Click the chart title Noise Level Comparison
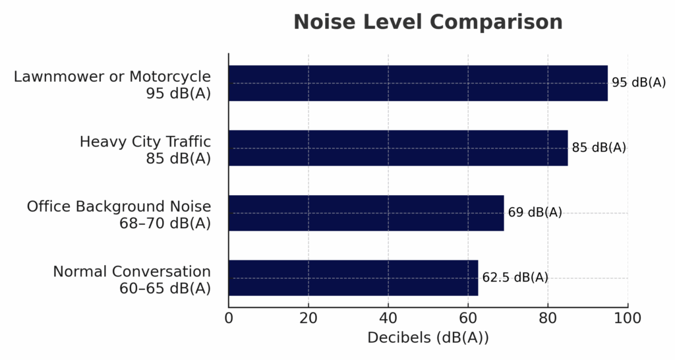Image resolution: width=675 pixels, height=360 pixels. pyautogui.click(x=428, y=22)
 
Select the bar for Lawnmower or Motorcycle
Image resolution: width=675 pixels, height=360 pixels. pyautogui.click(x=418, y=83)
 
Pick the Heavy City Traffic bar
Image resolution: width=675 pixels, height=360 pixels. pyautogui.click(x=398, y=148)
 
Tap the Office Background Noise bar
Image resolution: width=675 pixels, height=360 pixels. pyautogui.click(x=366, y=212)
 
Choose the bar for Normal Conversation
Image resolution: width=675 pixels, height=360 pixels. pyautogui.click(x=353, y=278)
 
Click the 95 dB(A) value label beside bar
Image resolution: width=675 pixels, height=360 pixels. pyautogui.click(x=639, y=83)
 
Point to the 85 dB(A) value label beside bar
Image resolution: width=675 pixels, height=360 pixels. pyautogui.click(x=599, y=148)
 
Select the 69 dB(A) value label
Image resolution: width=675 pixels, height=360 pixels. pyautogui.click(x=535, y=212)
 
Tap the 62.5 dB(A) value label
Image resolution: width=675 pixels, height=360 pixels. pyautogui.click(x=515, y=278)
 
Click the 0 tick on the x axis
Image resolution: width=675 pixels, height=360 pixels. pyautogui.click(x=229, y=318)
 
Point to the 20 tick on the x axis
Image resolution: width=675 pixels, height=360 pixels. pyautogui.click(x=308, y=318)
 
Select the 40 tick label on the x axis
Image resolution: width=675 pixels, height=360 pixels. pyautogui.click(x=388, y=318)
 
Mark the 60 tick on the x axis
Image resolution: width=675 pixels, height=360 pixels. pyautogui.click(x=468, y=318)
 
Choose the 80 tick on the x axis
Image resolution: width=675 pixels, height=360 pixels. pyautogui.click(x=548, y=318)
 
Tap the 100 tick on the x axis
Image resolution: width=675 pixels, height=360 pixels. pyautogui.click(x=628, y=318)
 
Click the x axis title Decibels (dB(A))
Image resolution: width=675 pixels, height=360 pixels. pyautogui.click(x=428, y=338)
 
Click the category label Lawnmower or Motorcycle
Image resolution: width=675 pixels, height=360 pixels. pyautogui.click(x=113, y=84)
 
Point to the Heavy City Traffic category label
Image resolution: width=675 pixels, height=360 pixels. pyautogui.click(x=145, y=150)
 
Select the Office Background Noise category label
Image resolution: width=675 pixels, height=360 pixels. pyautogui.click(x=119, y=214)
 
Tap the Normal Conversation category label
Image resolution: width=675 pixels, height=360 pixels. pyautogui.click(x=132, y=280)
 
